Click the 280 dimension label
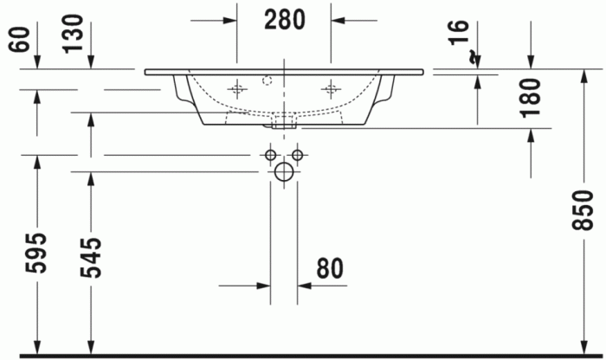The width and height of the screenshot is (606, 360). [284, 19]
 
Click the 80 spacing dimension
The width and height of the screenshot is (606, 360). [330, 270]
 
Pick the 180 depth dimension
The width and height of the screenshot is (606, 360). [531, 97]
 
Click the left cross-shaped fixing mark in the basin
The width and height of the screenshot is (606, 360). [237, 87]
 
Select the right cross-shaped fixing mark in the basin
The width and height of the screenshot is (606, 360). [331, 87]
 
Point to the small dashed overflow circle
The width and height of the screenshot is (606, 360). [267, 80]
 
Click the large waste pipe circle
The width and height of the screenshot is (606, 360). [284, 172]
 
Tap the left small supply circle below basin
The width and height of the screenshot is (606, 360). [271, 155]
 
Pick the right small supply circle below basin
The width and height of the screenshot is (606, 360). [297, 155]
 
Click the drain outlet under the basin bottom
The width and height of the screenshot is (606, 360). [284, 124]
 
